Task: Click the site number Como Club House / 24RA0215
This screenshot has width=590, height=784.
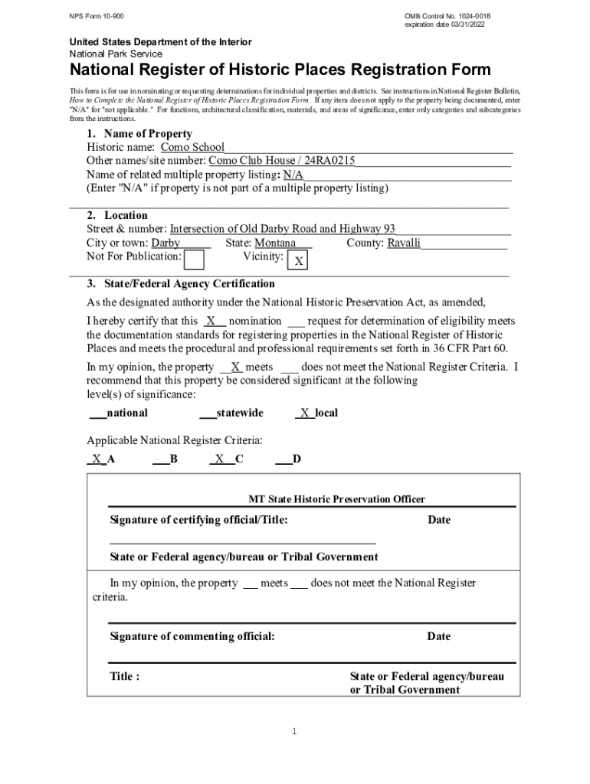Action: [x=281, y=161]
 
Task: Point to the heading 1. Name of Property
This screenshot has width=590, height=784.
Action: [x=139, y=134]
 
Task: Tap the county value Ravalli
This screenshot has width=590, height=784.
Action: [x=404, y=243]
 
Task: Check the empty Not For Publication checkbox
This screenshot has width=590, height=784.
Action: [x=195, y=260]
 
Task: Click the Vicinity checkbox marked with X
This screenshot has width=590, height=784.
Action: [x=299, y=262]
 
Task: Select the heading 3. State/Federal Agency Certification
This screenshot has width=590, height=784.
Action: [x=181, y=284]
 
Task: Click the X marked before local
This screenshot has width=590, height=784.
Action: [x=305, y=413]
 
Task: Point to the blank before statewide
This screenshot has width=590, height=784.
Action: [x=207, y=413]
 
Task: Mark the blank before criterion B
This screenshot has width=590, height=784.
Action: [x=160, y=459]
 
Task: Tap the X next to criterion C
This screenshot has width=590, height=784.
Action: [x=219, y=459]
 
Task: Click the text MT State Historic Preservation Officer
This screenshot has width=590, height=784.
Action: [x=336, y=499]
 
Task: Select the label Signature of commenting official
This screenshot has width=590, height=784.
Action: [x=192, y=636]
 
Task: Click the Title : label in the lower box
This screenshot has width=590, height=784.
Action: [x=125, y=677]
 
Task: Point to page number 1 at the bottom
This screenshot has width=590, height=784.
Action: [x=293, y=732]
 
